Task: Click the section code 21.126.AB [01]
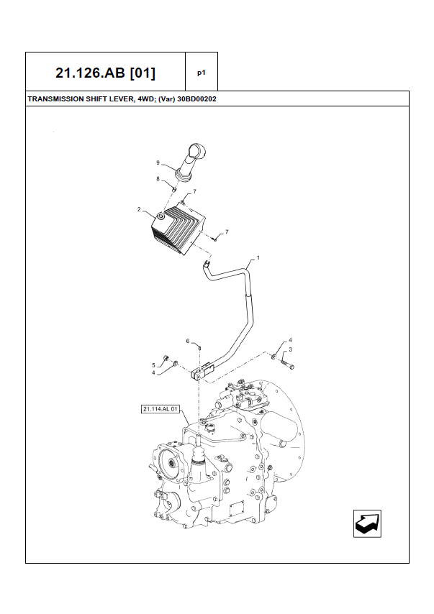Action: click(x=105, y=73)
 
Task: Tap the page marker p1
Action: click(x=202, y=73)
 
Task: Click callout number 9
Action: click(x=158, y=163)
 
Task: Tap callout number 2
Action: click(x=139, y=209)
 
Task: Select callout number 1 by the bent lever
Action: click(x=258, y=257)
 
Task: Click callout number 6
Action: click(x=188, y=341)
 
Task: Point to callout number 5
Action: click(x=153, y=365)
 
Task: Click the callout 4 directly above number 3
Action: click(x=290, y=339)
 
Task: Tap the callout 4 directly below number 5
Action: click(x=153, y=372)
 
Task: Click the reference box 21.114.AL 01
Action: click(x=160, y=410)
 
